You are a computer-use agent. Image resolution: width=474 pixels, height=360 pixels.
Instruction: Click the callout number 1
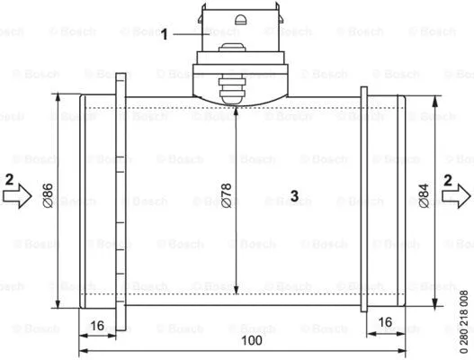(165, 35)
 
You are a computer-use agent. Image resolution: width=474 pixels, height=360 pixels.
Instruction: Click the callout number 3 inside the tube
(293, 194)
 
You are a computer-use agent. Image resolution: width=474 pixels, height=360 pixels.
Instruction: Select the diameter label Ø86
(48, 194)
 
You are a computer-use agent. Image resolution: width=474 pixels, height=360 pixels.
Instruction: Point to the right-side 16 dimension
(383, 321)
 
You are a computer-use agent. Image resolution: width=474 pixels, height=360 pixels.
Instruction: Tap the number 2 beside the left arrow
(8, 178)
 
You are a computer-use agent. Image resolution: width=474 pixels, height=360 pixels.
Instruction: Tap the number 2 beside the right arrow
(448, 178)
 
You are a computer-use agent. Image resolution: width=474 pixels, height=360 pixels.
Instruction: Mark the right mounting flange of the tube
(363, 195)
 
